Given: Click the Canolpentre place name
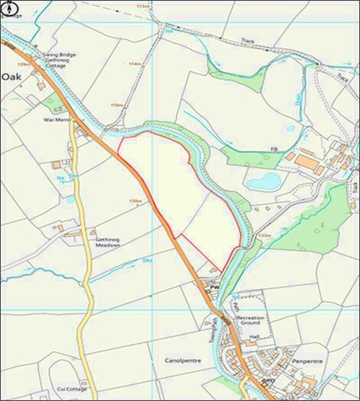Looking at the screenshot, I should (184, 358).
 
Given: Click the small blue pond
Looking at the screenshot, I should (264, 181).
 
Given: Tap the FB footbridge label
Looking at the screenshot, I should (271, 148).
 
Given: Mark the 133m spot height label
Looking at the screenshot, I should (264, 235).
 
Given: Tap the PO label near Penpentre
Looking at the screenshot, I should (269, 380).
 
